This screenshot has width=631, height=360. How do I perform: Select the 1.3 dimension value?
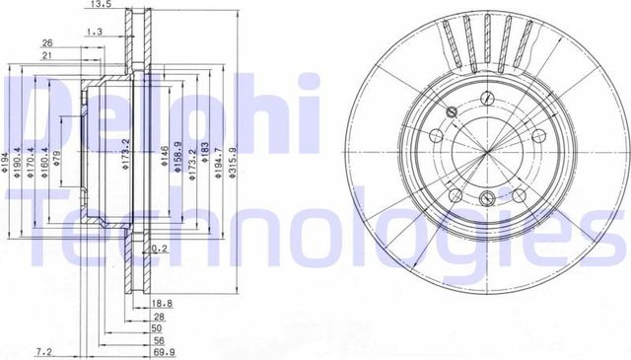click(x=96, y=33)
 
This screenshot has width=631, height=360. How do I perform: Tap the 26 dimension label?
click(x=47, y=43)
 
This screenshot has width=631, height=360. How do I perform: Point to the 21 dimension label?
click(x=47, y=56)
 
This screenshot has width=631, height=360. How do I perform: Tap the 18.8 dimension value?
click(x=164, y=305)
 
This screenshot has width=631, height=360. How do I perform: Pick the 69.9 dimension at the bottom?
click(x=164, y=351)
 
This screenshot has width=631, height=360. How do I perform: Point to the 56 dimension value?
click(x=158, y=339)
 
